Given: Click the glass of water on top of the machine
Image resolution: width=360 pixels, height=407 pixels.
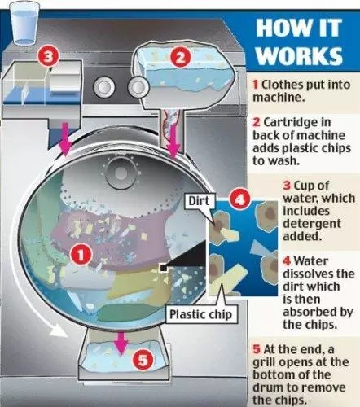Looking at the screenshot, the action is [24, 24].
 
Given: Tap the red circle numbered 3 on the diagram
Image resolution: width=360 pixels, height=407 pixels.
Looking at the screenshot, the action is [48, 57].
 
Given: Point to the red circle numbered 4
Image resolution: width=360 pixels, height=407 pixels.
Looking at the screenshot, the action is [239, 199].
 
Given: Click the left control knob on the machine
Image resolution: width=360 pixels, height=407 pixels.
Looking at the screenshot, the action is [103, 87].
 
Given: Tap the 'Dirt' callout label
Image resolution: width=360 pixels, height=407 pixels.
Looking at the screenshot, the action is [200, 201].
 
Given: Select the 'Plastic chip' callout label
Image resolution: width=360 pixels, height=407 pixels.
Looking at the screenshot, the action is [201, 314].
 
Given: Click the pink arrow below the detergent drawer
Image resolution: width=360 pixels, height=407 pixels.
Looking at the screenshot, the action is [65, 139].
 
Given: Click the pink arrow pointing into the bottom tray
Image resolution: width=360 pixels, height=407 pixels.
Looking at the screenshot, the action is [121, 343].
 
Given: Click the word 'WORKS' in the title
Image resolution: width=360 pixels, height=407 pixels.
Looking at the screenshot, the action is [300, 55].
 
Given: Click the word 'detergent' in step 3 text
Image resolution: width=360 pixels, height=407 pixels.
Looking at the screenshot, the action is [312, 224].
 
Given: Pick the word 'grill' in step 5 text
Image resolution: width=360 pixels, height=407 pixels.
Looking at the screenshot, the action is [263, 362].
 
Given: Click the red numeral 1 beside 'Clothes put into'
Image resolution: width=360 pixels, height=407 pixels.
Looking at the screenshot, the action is [255, 85].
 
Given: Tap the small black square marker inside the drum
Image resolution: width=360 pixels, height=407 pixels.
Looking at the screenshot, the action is [164, 268].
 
